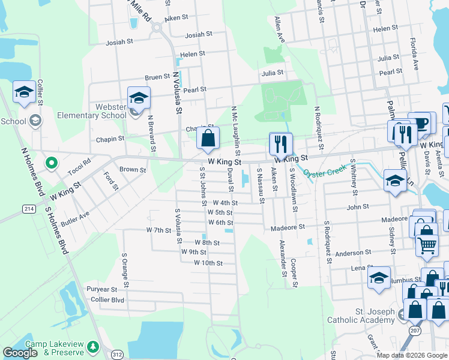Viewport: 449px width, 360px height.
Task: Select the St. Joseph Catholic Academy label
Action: pos(361,316)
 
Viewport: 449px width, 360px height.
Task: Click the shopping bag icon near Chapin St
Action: pos(207,137)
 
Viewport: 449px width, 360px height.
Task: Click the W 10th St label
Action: pos(208,263)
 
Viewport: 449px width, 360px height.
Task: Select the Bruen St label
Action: pos(157,77)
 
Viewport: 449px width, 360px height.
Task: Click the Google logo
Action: pos(20,353)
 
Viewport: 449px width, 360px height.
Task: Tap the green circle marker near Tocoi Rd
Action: pos(52,162)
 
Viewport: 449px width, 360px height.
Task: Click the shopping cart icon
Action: pos(427,244)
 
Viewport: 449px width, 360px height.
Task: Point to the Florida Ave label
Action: pos(414,55)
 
